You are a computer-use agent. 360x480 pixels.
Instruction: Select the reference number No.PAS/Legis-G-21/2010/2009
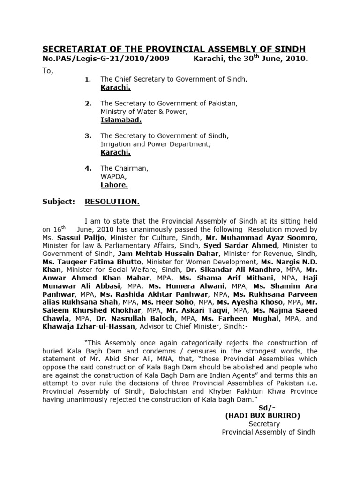point(106,60)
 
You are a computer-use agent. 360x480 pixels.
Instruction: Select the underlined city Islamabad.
point(121,120)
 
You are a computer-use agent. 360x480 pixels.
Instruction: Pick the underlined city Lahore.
point(114,185)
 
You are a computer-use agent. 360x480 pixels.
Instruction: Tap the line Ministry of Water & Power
point(144,112)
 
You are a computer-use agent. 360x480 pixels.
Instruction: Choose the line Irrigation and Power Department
point(156,144)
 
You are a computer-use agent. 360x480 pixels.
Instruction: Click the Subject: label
point(59,202)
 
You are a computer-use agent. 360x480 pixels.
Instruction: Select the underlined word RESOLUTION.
point(112,202)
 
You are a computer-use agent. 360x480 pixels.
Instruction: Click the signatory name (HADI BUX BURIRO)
point(262,415)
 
